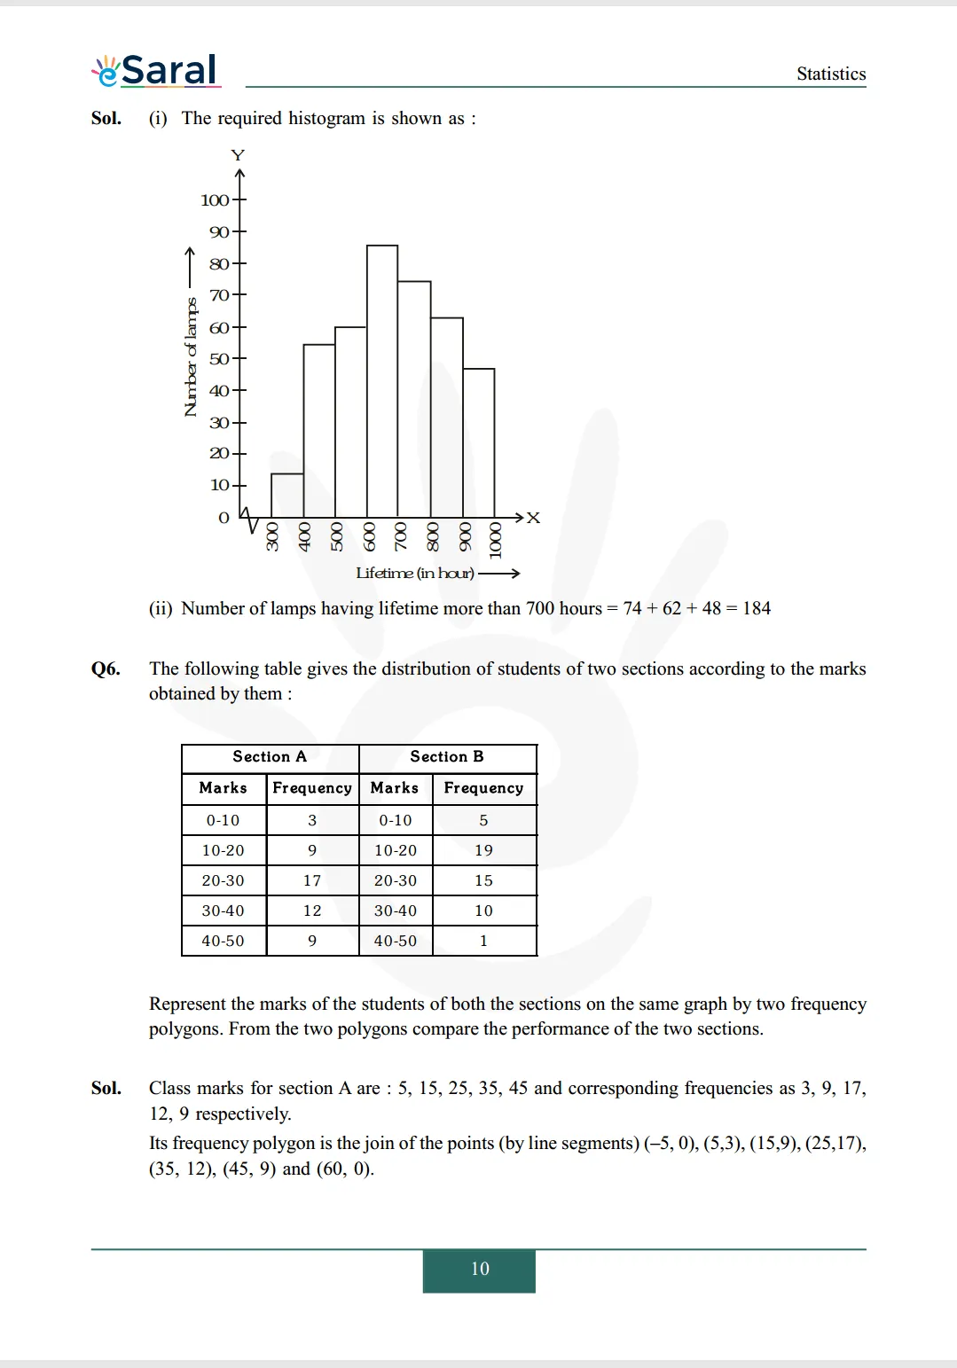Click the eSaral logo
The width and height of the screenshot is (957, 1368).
(156, 70)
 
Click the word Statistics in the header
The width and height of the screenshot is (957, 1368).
(830, 74)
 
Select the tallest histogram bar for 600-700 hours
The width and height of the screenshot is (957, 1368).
(382, 381)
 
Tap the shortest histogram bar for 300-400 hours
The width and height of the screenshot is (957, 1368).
(287, 496)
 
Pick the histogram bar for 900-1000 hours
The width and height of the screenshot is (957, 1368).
(479, 443)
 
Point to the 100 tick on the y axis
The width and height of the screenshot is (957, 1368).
(215, 200)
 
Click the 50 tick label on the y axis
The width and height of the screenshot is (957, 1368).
(218, 359)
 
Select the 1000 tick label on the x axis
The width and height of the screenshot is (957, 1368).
(495, 540)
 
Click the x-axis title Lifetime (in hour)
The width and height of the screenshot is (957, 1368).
(415, 574)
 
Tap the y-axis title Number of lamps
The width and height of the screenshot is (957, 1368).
(190, 357)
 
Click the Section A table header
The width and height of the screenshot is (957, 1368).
(270, 757)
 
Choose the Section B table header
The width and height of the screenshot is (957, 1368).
(447, 757)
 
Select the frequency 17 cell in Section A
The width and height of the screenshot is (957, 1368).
(312, 880)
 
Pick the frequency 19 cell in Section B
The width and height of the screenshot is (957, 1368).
(483, 850)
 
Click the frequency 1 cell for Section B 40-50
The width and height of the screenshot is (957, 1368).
(483, 941)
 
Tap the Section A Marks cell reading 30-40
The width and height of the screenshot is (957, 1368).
(223, 911)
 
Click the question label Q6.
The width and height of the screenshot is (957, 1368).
(106, 669)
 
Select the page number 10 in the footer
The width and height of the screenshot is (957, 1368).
(479, 1269)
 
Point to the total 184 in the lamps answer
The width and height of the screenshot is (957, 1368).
(757, 609)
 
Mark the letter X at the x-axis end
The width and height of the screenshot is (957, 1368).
(533, 518)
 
